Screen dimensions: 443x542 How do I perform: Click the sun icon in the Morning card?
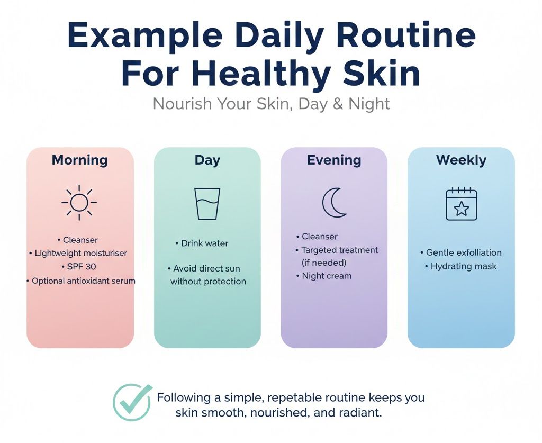point(79,202)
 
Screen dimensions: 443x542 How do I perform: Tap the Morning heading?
point(79,160)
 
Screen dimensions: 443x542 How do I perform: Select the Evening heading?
point(334,160)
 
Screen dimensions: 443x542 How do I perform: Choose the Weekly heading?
point(461,160)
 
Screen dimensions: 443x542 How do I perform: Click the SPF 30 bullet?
point(82,267)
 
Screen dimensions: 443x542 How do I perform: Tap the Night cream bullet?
point(326,276)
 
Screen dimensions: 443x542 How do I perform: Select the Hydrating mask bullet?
point(463,266)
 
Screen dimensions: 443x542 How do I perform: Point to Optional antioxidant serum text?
point(83,281)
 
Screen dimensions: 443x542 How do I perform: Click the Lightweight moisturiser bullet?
point(80,253)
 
